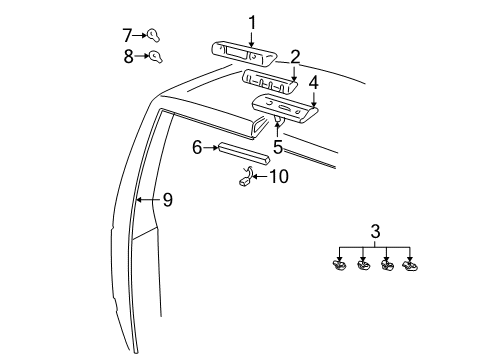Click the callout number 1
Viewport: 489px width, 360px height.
coord(252,22)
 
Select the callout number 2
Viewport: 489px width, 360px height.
coord(295,56)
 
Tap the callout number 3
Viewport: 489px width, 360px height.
coord(375,232)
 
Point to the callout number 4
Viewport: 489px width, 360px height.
coord(313,82)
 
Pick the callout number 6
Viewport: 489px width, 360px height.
coord(198,148)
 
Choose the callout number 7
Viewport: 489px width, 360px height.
coord(127,34)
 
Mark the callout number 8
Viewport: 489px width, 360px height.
coord(127,57)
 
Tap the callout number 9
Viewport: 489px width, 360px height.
coord(168,200)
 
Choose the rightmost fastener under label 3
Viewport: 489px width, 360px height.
coord(410,266)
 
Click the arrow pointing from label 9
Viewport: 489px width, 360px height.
coord(146,200)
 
